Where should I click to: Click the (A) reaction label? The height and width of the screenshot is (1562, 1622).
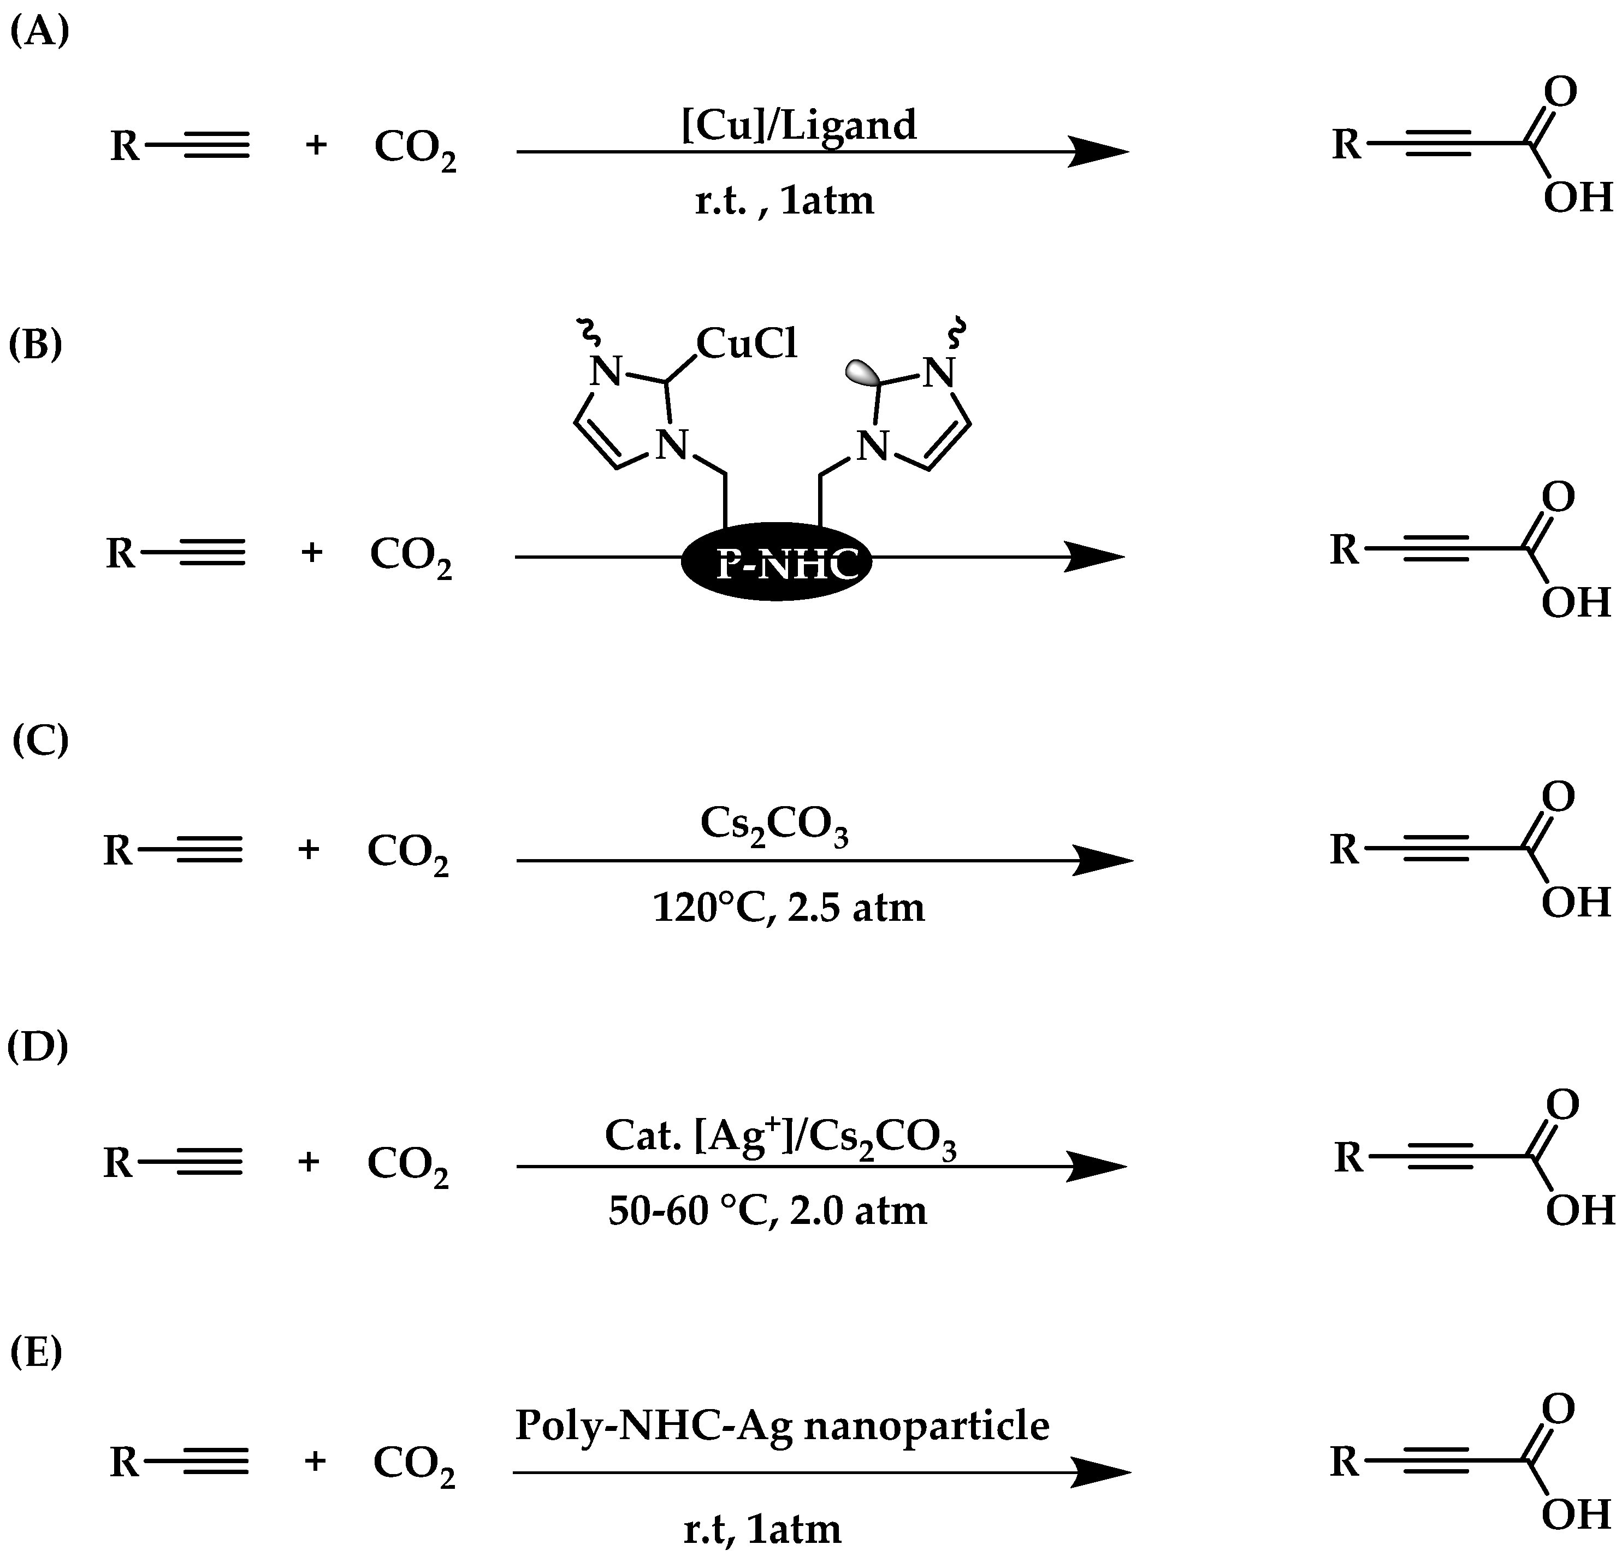pyautogui.click(x=39, y=32)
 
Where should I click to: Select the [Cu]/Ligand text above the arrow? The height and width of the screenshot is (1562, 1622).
pyautogui.click(x=798, y=126)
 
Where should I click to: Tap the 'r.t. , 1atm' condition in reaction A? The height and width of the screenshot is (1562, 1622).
pyautogui.click(x=784, y=200)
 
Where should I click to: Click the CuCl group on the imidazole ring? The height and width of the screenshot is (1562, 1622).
pyautogui.click(x=747, y=342)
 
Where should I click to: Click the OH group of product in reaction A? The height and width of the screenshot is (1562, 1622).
pyautogui.click(x=1577, y=198)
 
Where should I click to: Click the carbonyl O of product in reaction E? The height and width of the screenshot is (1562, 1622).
pyautogui.click(x=1558, y=1410)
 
